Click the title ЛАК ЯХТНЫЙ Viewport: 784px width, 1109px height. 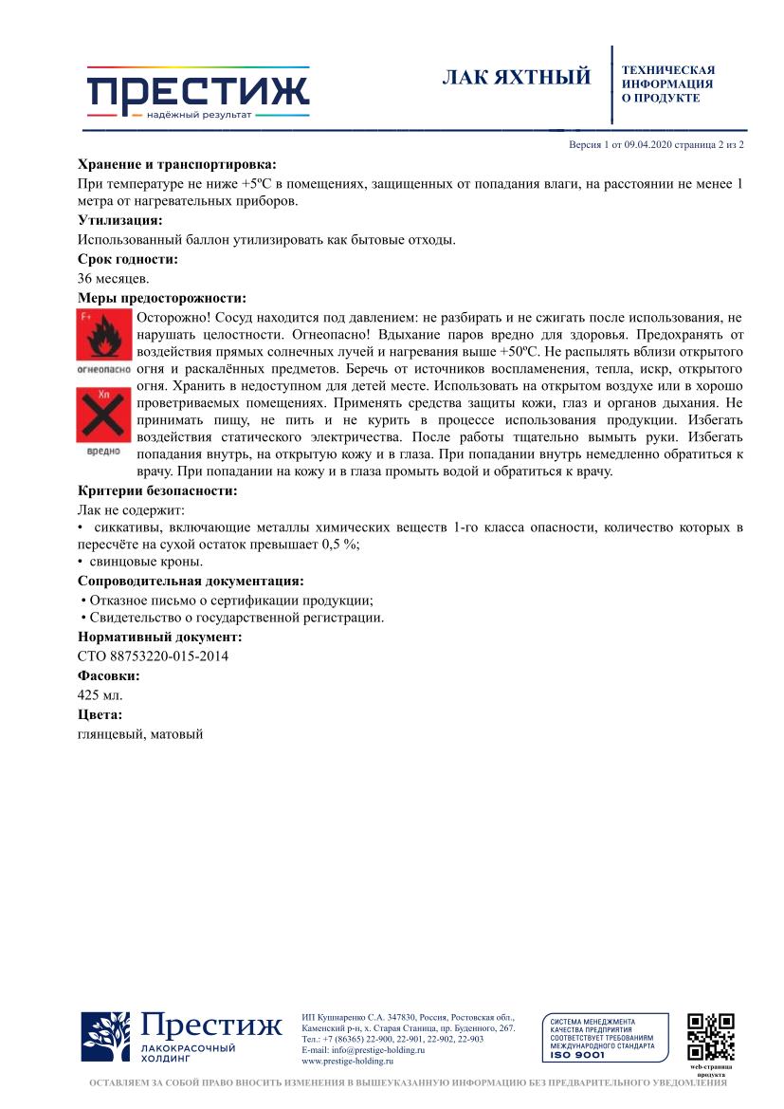(516, 78)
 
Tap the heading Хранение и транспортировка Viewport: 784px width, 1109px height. (177, 165)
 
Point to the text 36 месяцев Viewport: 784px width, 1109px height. (113, 279)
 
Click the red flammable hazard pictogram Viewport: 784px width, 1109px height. (104, 334)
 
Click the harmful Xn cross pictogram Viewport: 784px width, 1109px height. (104, 414)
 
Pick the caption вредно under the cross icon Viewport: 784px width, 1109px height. (104, 453)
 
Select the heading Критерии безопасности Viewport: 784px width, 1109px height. (157, 490)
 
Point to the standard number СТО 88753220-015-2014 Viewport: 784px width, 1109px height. (152, 656)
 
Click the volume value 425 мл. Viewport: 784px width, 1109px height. (100, 694)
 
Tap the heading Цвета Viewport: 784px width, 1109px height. (100, 714)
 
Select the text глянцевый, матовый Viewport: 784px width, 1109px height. (140, 733)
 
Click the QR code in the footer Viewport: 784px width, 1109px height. (710, 1037)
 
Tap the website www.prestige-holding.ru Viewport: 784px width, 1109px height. (347, 1062)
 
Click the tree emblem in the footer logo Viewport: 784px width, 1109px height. (105, 1037)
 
